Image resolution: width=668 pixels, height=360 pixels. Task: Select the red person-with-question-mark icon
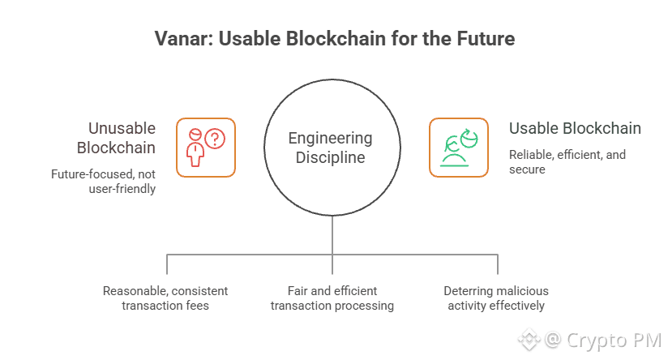(x=206, y=148)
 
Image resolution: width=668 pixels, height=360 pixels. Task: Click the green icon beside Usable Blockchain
(x=458, y=148)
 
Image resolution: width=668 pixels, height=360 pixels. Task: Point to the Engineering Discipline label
(x=331, y=148)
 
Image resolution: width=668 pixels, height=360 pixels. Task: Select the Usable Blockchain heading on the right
(x=575, y=128)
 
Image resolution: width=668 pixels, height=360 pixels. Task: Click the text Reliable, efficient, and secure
(x=567, y=162)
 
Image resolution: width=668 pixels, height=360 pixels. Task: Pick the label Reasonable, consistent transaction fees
(x=165, y=298)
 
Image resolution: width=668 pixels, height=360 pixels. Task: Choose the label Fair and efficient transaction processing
(x=332, y=298)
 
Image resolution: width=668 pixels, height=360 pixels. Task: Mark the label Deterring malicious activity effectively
(x=495, y=298)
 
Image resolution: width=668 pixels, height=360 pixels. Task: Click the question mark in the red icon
(x=215, y=139)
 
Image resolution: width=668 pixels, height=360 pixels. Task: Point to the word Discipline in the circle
(x=331, y=157)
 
